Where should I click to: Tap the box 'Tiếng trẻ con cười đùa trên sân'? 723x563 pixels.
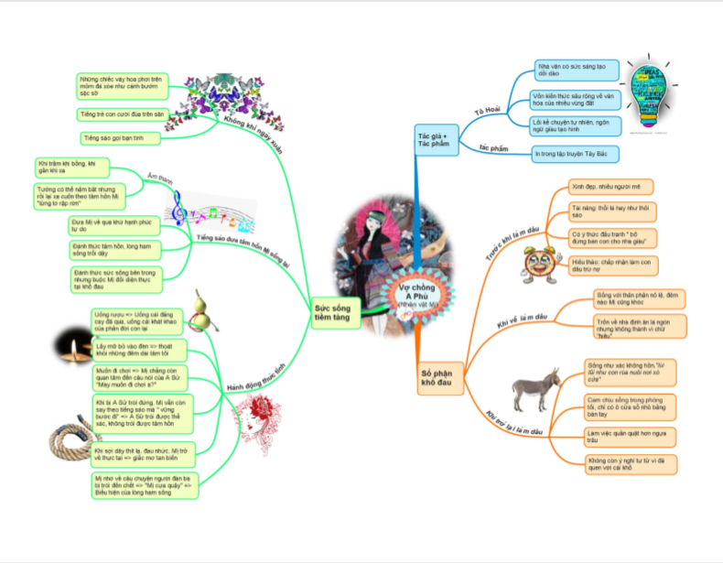(x=121, y=114)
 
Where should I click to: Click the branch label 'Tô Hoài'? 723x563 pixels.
(x=487, y=111)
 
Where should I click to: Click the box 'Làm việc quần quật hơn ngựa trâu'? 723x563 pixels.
(x=630, y=434)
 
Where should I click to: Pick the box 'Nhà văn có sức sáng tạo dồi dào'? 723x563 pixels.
(x=577, y=70)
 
